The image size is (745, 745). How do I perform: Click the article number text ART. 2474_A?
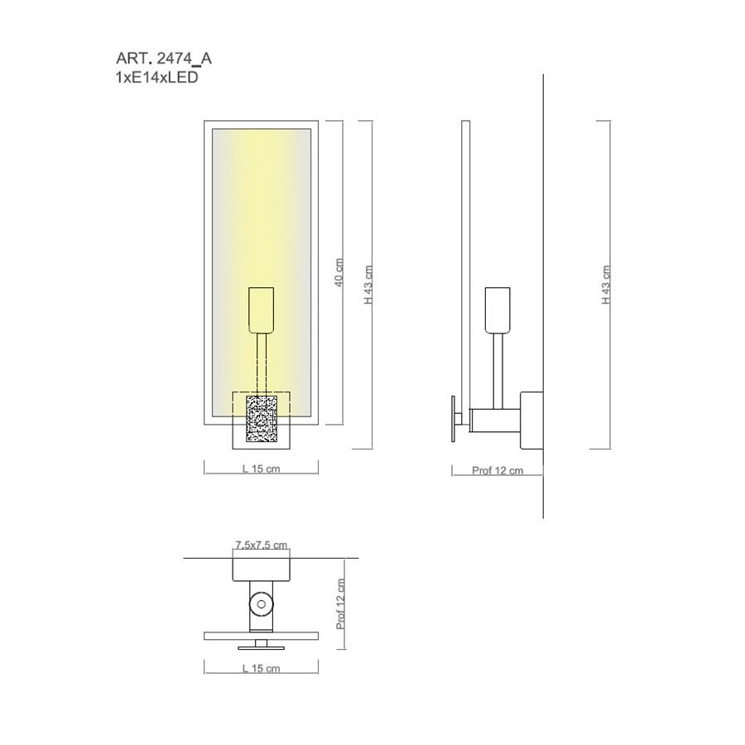point(164,59)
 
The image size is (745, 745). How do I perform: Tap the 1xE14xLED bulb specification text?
point(156,77)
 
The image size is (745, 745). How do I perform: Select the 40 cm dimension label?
point(339,272)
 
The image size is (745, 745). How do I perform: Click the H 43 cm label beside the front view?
point(368,285)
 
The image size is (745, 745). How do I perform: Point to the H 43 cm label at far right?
point(606,285)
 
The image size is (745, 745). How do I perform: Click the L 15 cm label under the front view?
point(262,469)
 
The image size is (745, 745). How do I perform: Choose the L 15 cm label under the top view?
point(262,669)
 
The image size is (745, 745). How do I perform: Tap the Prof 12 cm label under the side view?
point(497,470)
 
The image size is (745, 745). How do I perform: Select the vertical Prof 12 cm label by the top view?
point(341,604)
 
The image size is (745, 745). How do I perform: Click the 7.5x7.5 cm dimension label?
point(262,545)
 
